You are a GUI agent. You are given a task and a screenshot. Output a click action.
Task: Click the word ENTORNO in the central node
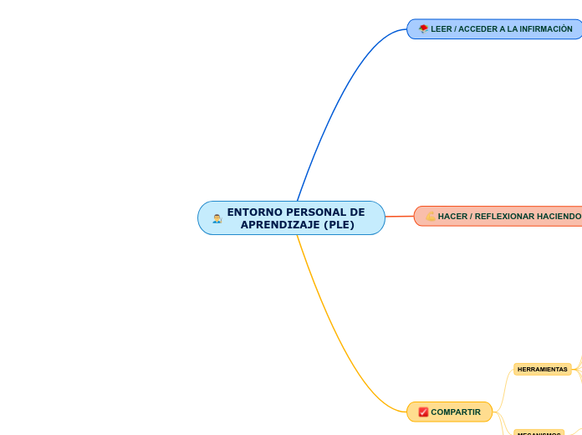252,212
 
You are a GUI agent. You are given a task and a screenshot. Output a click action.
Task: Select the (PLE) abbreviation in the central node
339,225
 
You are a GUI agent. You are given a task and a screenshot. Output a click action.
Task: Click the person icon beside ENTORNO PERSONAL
217,218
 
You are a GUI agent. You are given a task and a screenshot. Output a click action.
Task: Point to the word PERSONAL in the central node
307,212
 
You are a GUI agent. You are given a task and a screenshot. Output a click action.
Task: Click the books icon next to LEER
423,29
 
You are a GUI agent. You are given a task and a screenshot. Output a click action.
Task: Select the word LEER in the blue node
441,29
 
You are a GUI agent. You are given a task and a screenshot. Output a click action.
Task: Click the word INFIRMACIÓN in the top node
547,29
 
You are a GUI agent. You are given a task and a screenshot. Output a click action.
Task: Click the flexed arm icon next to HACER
430,217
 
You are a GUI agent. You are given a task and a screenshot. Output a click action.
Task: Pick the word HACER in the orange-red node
452,217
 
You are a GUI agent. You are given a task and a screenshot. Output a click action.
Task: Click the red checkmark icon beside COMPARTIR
423,412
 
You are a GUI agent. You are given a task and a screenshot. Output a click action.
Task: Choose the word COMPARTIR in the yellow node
456,412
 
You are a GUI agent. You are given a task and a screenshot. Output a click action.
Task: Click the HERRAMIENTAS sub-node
542,369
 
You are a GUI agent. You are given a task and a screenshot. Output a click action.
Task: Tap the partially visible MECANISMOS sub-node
539,432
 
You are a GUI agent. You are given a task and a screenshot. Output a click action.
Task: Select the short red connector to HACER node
399,217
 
